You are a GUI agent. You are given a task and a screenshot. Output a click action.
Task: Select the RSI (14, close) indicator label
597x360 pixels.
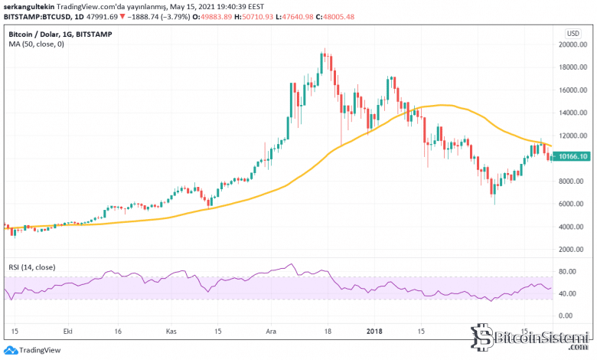[32, 266]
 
